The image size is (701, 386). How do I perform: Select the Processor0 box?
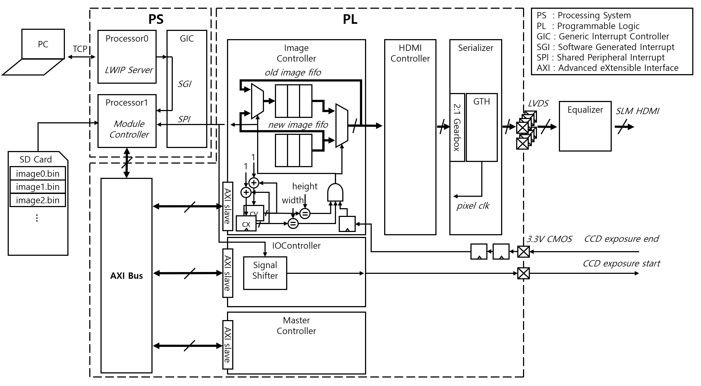click(x=127, y=56)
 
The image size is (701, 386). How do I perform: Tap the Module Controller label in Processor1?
click(x=129, y=129)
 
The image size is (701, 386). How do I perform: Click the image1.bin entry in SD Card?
click(x=38, y=187)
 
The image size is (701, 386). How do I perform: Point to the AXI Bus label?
click(x=127, y=276)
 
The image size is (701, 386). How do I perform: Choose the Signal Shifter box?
click(x=265, y=273)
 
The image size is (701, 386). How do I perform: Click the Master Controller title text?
click(x=296, y=326)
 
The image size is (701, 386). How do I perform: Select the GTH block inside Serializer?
click(x=482, y=127)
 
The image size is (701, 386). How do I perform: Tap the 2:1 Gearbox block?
click(x=457, y=127)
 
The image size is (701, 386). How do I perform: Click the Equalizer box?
click(x=585, y=126)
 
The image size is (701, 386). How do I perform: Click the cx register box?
click(x=246, y=224)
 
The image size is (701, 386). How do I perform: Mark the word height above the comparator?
click(x=305, y=186)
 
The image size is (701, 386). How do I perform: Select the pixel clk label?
click(x=473, y=206)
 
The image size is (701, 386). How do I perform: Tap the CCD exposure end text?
click(x=622, y=239)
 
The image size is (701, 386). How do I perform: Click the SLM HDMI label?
click(x=637, y=111)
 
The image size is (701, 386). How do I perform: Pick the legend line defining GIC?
click(x=602, y=36)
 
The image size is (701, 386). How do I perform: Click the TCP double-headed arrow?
click(x=81, y=57)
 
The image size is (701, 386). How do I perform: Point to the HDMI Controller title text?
click(x=410, y=53)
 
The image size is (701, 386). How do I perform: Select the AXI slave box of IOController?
click(x=228, y=273)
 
